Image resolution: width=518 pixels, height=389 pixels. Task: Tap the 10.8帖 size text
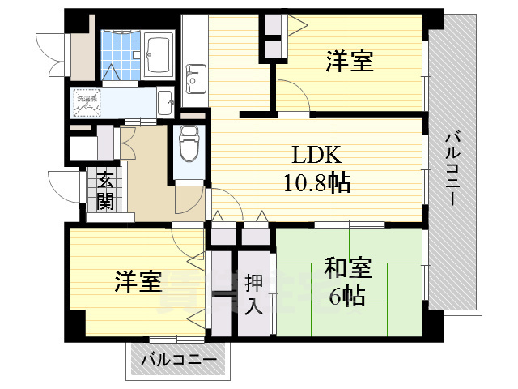click(316, 182)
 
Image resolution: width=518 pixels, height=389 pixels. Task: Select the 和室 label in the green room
click(348, 267)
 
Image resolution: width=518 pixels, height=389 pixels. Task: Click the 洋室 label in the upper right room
click(350, 61)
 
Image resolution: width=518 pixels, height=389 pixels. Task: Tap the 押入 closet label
click(253, 294)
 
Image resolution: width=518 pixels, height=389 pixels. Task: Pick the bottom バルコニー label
click(179, 359)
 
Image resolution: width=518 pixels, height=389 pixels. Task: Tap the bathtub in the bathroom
click(159, 53)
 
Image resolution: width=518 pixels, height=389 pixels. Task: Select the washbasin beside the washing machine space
click(164, 101)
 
